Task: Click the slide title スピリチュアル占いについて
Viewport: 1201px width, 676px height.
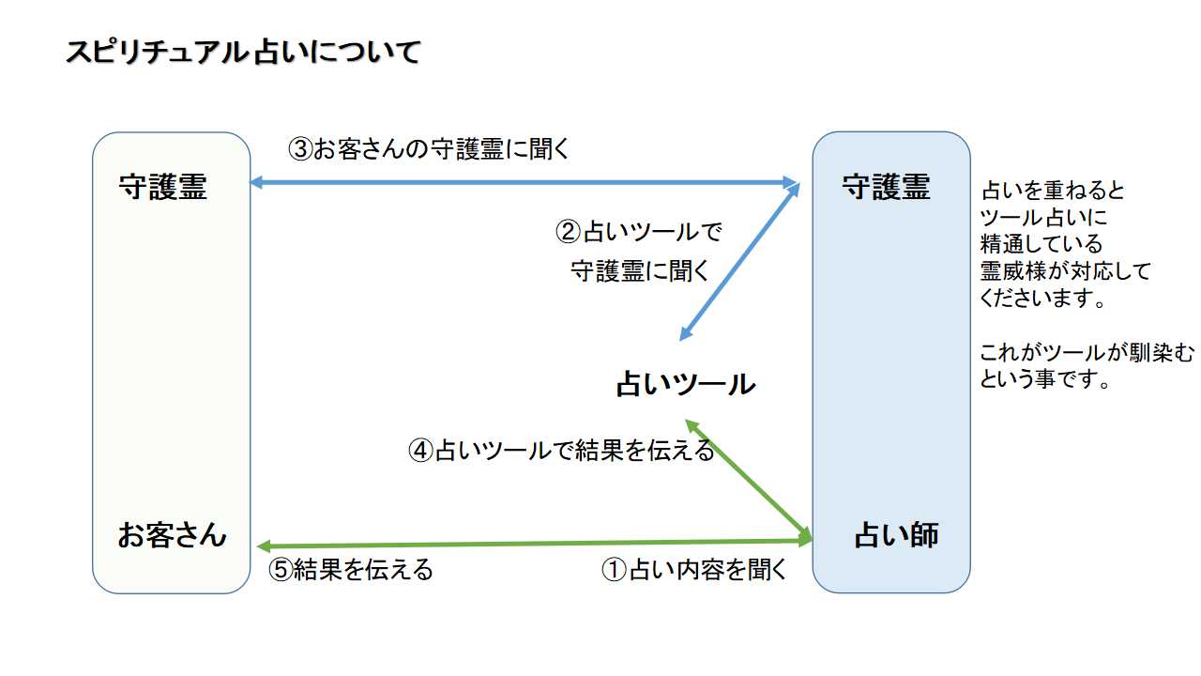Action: point(242,53)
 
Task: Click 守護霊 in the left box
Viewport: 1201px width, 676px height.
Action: point(162,188)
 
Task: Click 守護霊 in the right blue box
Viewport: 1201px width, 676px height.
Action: point(886,188)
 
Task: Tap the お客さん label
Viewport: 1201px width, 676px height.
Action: point(172,535)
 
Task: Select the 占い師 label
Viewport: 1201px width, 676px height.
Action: point(896,536)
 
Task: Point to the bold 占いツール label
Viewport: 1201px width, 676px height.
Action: point(685,384)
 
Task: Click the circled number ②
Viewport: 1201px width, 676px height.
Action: point(570,231)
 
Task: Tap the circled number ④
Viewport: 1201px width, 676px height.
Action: point(421,451)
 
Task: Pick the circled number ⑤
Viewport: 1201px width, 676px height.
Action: point(281,570)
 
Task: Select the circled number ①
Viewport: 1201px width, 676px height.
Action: point(613,570)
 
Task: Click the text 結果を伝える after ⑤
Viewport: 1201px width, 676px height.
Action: point(363,570)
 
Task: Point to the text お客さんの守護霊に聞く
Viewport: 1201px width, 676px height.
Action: point(441,149)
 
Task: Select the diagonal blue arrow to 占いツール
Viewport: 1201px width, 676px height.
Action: point(739,262)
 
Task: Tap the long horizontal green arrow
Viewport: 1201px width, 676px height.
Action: point(535,544)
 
